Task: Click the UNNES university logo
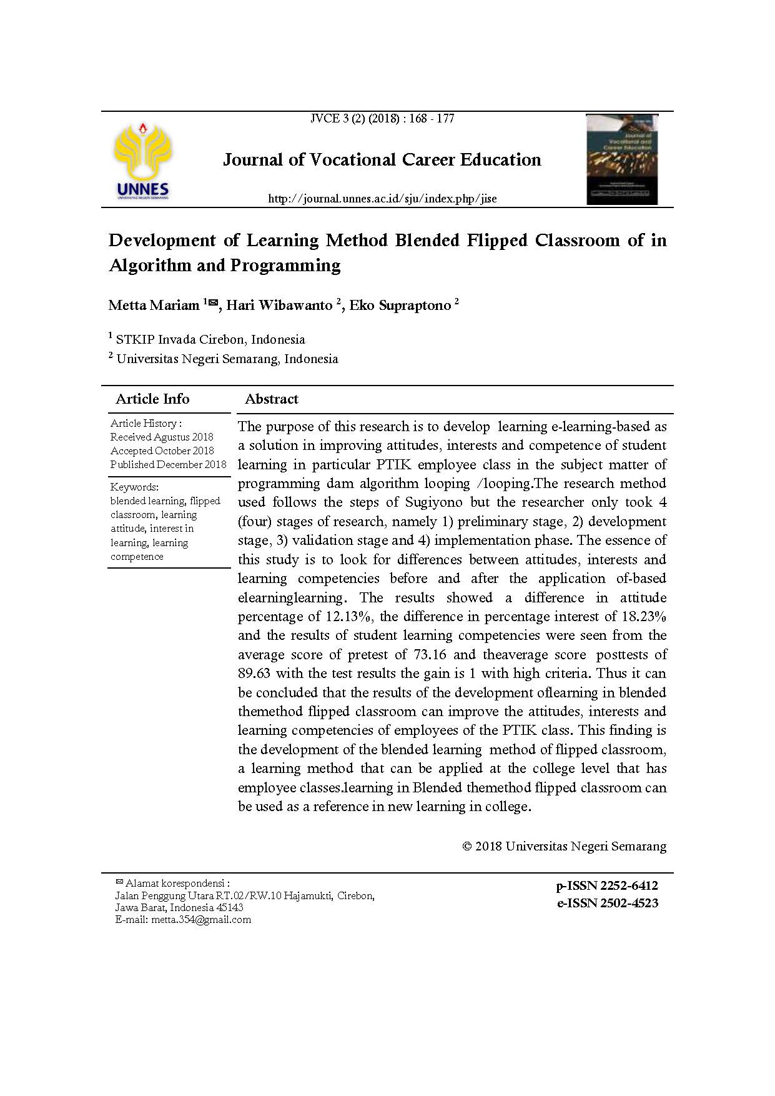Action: coord(142,161)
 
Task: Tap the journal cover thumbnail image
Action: coord(622,159)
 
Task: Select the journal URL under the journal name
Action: coord(382,199)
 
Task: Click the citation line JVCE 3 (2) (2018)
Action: coord(382,119)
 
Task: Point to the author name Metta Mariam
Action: coord(154,306)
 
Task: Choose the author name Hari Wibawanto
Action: coord(279,306)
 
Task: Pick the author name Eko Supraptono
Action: coord(400,306)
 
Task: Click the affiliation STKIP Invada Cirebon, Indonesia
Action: coord(210,340)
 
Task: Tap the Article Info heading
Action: coord(152,399)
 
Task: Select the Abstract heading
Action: coord(272,399)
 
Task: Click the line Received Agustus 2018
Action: coord(162,437)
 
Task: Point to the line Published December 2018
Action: coord(169,465)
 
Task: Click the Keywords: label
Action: coord(134,487)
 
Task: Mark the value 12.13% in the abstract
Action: coord(349,617)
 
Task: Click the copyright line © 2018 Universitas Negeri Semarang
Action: coord(564,847)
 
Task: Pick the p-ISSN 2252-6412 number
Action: coord(607,886)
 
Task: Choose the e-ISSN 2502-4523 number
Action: coord(607,904)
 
